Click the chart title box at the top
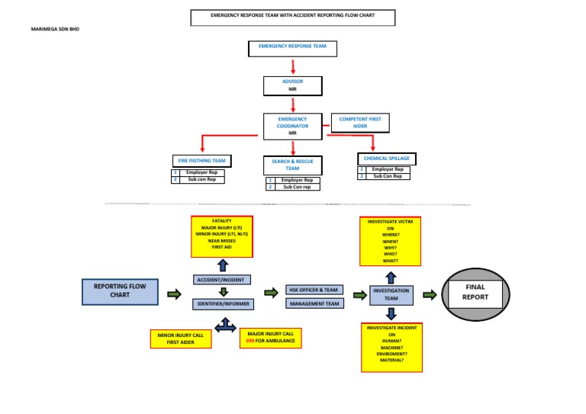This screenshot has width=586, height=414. pos(292,17)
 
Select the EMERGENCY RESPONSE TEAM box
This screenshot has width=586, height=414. pos(292,48)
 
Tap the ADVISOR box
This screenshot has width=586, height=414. pos(292,85)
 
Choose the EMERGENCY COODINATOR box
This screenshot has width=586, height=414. pos(292,127)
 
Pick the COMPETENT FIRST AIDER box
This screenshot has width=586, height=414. pos(360,123)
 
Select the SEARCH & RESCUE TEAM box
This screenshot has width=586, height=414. pos(292,165)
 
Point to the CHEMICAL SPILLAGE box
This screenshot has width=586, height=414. pos(384,158)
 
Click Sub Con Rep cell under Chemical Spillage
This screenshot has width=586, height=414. pos(388,176)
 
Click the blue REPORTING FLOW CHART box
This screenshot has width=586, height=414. pos(120,290)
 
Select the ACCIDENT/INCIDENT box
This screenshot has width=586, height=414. pos(222,280)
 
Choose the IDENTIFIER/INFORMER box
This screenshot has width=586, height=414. pos(222,304)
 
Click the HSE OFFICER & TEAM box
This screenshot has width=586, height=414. pos(315,290)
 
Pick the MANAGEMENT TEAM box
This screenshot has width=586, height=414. pos(315,303)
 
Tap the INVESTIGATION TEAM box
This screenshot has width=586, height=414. pos(390,294)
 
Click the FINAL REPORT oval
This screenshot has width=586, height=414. pos(475,292)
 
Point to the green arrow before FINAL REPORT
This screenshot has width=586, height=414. pos(429,294)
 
